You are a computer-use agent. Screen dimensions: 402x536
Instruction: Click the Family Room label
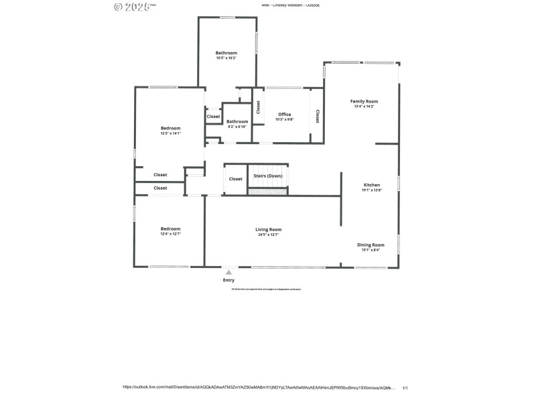click(x=364, y=101)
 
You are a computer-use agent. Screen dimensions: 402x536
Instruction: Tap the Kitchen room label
click(x=372, y=185)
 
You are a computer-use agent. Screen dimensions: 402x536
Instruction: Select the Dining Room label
click(x=371, y=245)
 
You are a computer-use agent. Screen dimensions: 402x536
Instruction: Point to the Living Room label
click(x=269, y=229)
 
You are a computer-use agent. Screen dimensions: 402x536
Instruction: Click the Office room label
click(x=285, y=115)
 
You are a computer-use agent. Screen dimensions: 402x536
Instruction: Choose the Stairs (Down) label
click(x=268, y=176)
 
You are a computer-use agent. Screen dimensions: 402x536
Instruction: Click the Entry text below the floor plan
click(x=228, y=280)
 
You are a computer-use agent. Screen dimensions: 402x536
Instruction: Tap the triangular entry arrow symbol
click(x=228, y=273)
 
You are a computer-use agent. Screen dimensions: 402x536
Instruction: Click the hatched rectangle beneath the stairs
click(x=268, y=192)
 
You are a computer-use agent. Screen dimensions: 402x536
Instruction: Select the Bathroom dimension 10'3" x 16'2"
click(x=226, y=58)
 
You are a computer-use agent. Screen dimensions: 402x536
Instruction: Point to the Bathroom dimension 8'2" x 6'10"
click(x=237, y=127)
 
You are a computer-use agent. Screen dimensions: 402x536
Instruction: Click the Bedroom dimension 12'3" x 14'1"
click(x=170, y=133)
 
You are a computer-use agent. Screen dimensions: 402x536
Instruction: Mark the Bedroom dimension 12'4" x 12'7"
click(x=170, y=234)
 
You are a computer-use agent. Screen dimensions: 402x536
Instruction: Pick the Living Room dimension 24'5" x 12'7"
click(x=269, y=234)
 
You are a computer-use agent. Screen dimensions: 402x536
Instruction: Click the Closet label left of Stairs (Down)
click(x=236, y=179)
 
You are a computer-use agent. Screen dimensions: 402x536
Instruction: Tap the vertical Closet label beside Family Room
click(x=318, y=116)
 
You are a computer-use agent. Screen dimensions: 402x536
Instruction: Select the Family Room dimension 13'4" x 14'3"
click(x=364, y=107)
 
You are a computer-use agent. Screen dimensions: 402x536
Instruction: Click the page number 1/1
click(x=405, y=387)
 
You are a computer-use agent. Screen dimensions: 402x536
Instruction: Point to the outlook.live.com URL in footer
click(x=259, y=387)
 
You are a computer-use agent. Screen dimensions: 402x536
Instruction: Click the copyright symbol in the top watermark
click(x=119, y=7)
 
